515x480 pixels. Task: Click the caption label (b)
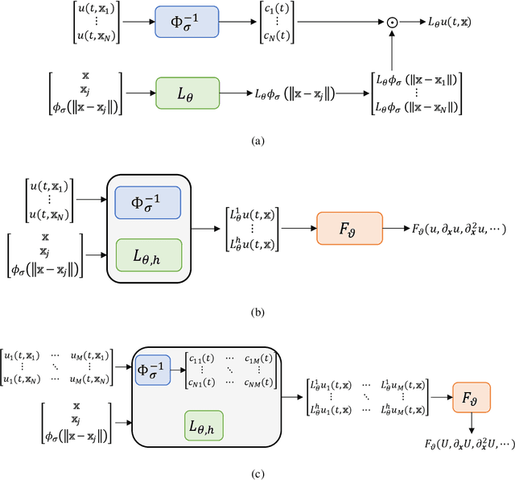257,308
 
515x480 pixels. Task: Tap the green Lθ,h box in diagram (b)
149,256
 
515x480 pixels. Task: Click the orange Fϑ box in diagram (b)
351,230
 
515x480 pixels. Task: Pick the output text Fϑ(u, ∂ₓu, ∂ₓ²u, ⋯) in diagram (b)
457,230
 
